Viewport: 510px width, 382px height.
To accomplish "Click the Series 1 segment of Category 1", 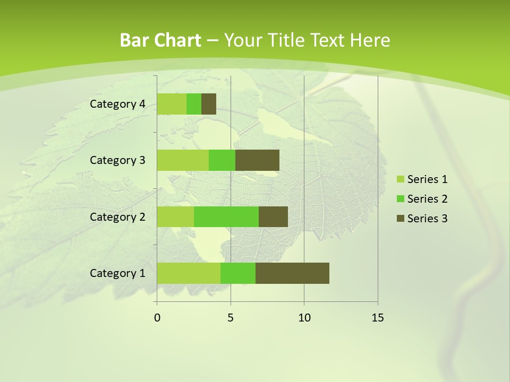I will pos(189,273).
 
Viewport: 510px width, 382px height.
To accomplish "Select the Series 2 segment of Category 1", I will pos(238,273).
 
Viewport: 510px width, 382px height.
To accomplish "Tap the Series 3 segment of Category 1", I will pos(292,273).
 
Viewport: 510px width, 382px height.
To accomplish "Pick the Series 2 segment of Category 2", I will pos(226,216).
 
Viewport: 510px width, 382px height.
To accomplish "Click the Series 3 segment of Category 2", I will pos(273,216).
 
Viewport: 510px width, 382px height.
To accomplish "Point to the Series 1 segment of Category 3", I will pos(183,160).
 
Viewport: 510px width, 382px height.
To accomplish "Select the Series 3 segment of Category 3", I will pos(257,160).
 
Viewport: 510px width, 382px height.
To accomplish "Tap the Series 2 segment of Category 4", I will pos(194,104).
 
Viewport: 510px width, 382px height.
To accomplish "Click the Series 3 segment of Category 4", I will pos(209,104).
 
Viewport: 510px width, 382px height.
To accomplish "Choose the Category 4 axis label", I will pos(117,104).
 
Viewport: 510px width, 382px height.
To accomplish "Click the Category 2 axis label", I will pos(117,216).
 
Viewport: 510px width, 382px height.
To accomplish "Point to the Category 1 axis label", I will pos(117,273).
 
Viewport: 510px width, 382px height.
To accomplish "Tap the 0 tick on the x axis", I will pos(157,318).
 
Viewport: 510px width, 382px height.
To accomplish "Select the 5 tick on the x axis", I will pos(231,318).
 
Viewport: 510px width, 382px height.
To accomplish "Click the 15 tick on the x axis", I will pos(378,318).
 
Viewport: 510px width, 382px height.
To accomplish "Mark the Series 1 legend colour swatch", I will pos(400,179).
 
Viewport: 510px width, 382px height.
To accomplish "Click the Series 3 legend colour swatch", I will pos(400,219).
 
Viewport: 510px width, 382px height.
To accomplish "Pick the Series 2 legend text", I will pos(427,199).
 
